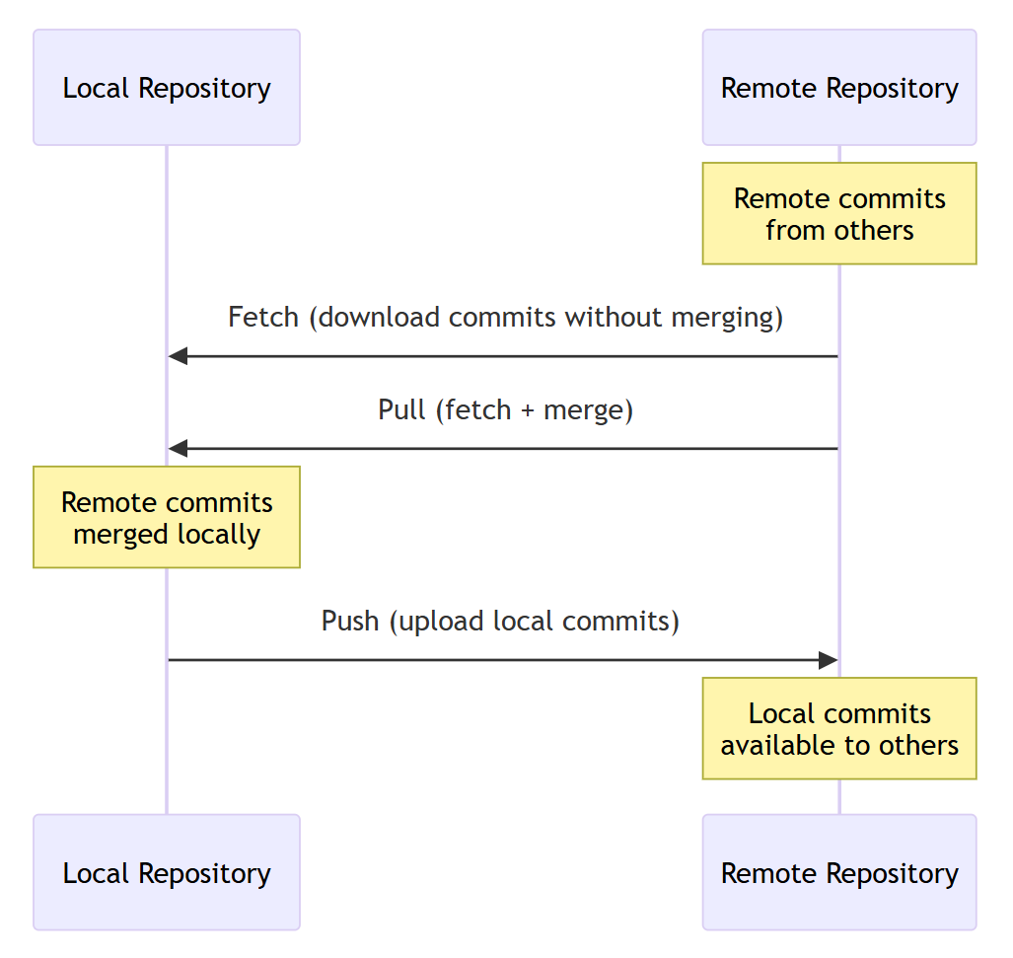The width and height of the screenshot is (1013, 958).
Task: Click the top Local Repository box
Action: point(167,88)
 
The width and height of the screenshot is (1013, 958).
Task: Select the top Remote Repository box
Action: point(839,88)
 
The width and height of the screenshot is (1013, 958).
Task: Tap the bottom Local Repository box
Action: point(167,873)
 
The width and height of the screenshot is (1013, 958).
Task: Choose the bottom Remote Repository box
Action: point(839,873)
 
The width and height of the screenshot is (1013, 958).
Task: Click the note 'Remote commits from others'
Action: point(839,214)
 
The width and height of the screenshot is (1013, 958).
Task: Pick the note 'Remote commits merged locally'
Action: point(167,518)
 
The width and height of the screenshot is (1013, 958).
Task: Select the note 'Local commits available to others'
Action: point(839,729)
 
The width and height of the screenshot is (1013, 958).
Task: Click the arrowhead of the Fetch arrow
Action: point(178,356)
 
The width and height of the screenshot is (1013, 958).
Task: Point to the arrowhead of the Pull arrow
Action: point(178,449)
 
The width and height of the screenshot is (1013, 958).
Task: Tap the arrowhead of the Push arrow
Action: point(829,660)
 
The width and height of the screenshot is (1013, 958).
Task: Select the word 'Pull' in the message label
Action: point(401,410)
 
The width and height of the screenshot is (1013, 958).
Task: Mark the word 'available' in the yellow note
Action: point(776,746)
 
